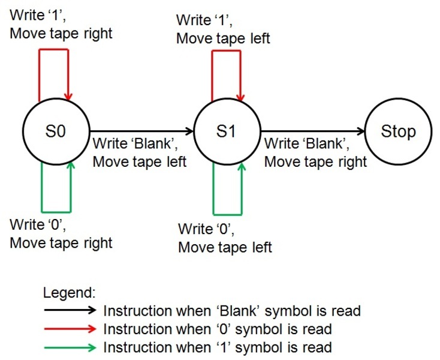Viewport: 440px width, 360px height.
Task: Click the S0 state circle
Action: [55, 131]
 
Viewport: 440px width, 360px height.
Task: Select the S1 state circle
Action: [227, 131]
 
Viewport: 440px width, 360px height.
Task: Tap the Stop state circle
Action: [397, 131]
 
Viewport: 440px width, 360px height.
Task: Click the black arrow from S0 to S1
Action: [141, 131]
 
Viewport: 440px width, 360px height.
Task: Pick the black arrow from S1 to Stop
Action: [312, 131]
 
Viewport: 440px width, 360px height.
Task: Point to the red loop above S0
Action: [54, 50]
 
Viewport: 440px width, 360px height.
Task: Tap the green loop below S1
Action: [228, 213]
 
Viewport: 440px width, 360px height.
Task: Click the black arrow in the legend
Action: [70, 310]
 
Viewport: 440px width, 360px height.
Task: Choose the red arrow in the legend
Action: [70, 329]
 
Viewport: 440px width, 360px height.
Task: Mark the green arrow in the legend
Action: [70, 347]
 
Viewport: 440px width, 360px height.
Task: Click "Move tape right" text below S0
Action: [61, 243]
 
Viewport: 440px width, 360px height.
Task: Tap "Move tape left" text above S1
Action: [223, 38]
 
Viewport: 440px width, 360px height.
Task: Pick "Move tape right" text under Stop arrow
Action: [315, 161]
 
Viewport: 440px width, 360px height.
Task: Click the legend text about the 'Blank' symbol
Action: [232, 311]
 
